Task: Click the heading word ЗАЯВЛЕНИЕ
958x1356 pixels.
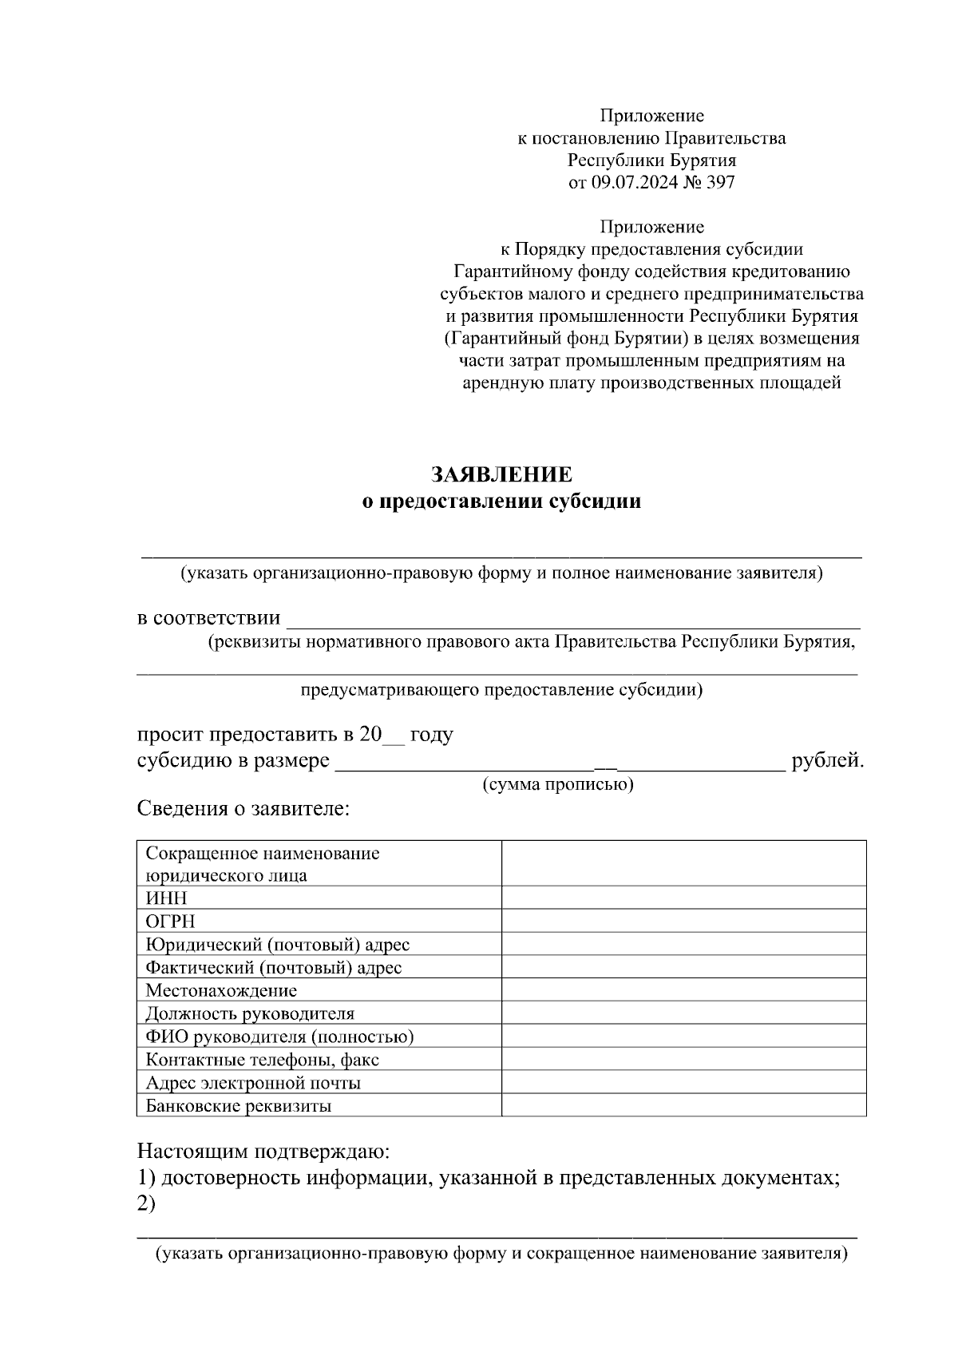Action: [x=501, y=474]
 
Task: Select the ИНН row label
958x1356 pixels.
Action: [x=166, y=898]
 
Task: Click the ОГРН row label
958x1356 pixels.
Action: [x=170, y=921]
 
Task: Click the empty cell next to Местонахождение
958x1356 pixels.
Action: [x=683, y=990]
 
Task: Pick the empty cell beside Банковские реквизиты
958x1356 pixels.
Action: [x=683, y=1106]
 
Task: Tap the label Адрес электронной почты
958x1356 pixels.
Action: [x=253, y=1083]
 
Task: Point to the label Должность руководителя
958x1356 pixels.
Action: [x=250, y=1013]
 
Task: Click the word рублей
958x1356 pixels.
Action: [x=827, y=760]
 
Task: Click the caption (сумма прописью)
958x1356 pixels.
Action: [x=558, y=784]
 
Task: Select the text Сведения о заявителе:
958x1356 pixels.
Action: [x=244, y=808]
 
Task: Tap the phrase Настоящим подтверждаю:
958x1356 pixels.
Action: [x=263, y=1152]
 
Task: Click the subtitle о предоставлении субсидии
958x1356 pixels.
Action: [x=501, y=502]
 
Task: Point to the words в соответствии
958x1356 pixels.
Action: [x=208, y=618]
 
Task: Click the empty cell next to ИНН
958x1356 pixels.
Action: [x=683, y=898]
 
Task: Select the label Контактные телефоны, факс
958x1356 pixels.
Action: [x=262, y=1060]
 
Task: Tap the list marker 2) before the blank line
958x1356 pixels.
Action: [x=146, y=1204]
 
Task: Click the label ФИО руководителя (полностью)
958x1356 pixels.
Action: [x=279, y=1037]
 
